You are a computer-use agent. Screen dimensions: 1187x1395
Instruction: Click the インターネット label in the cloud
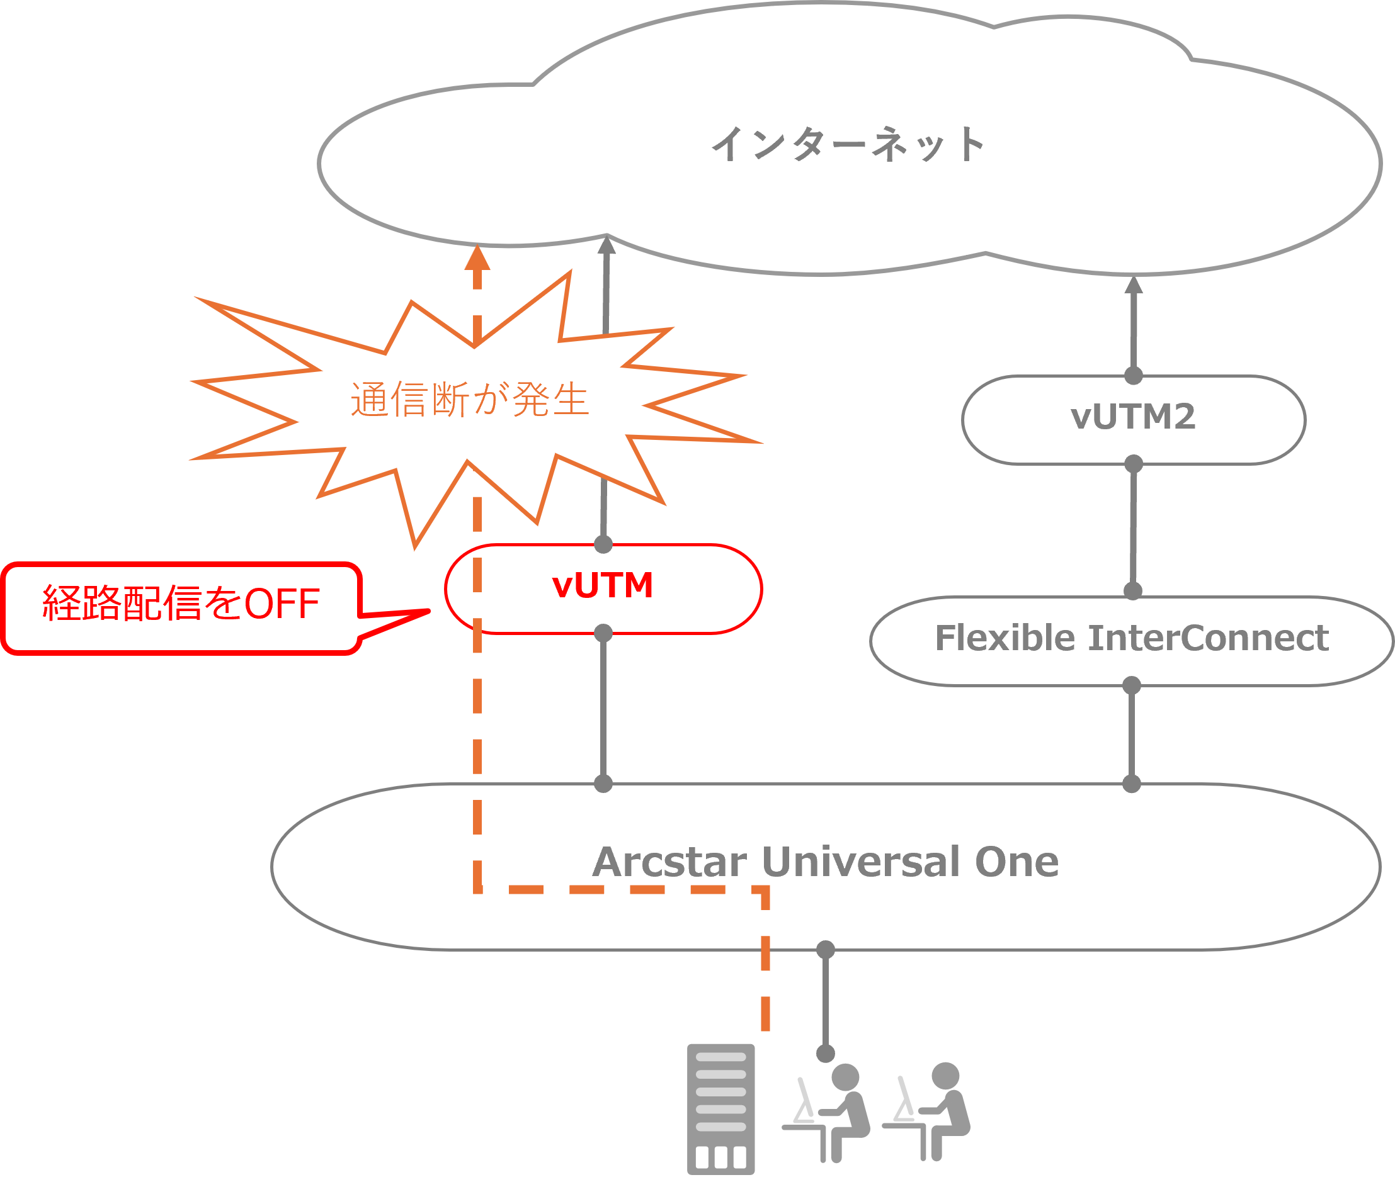848,145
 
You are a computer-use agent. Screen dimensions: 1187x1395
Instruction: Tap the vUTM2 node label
1133,417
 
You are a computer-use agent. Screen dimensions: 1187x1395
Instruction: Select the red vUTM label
603,585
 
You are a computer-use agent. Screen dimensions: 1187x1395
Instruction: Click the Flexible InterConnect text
1132,638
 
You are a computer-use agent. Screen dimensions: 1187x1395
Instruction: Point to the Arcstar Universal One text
826,862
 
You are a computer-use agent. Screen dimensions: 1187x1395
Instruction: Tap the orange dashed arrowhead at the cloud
477,257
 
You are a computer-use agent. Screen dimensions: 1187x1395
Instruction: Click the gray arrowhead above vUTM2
1134,285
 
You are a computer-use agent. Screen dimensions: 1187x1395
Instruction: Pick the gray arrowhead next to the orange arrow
606,246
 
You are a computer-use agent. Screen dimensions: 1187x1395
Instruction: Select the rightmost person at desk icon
930,1110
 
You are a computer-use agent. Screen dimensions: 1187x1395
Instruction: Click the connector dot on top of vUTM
603,544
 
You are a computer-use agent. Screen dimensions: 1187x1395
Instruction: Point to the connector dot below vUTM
603,633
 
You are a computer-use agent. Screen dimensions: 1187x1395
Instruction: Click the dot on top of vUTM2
1134,376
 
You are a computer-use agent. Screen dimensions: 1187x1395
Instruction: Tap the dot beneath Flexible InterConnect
1132,685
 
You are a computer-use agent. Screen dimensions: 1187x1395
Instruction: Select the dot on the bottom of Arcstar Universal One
826,950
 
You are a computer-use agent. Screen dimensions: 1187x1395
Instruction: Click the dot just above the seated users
826,1053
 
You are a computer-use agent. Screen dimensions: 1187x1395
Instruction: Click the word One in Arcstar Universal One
1016,862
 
